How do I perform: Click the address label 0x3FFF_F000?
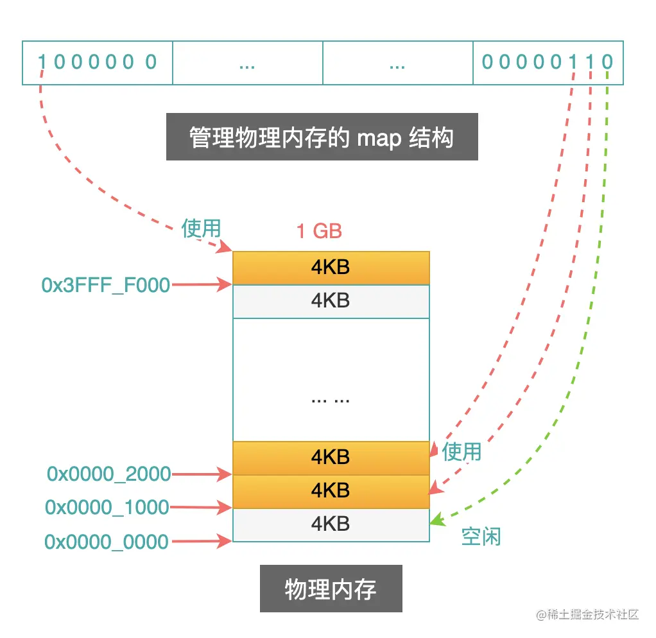coord(106,285)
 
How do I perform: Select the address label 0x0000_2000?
coord(108,474)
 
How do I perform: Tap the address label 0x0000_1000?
coord(107,507)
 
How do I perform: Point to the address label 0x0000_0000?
coord(107,541)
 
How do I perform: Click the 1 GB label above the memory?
coord(319,231)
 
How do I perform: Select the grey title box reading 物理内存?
coord(331,589)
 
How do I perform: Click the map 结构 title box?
coord(322,137)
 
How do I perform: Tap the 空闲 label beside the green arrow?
coord(481,537)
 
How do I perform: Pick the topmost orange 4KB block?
coord(331,268)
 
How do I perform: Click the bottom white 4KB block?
coord(331,524)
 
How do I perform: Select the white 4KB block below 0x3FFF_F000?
coord(331,301)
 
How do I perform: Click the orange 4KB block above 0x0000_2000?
coord(331,458)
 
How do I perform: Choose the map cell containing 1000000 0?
coord(98,62)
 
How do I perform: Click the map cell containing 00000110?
coord(548,62)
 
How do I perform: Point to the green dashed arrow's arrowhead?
coord(436,521)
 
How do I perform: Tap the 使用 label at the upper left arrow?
coord(201,228)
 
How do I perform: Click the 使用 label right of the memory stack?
coord(462,451)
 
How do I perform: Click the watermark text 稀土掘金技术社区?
coord(589,614)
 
